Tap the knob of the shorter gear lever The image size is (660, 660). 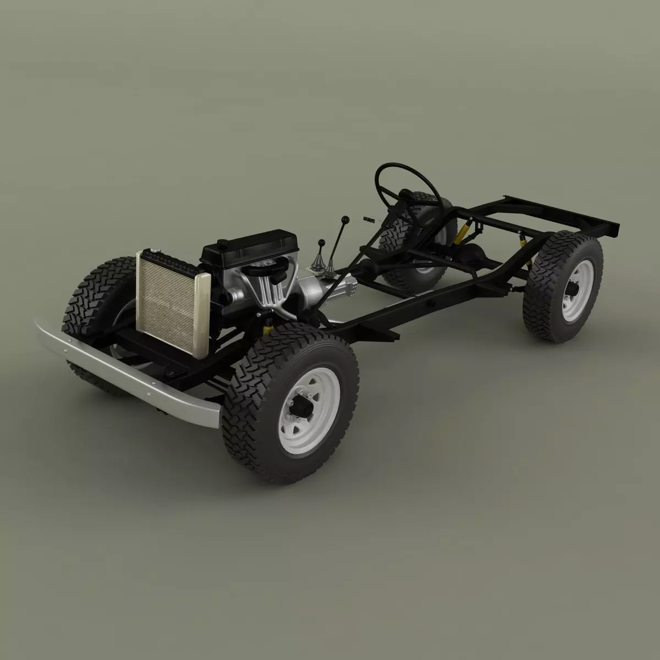click(x=321, y=242)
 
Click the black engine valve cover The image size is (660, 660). click(x=250, y=248)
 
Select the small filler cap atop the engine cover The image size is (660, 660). click(x=222, y=243)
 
